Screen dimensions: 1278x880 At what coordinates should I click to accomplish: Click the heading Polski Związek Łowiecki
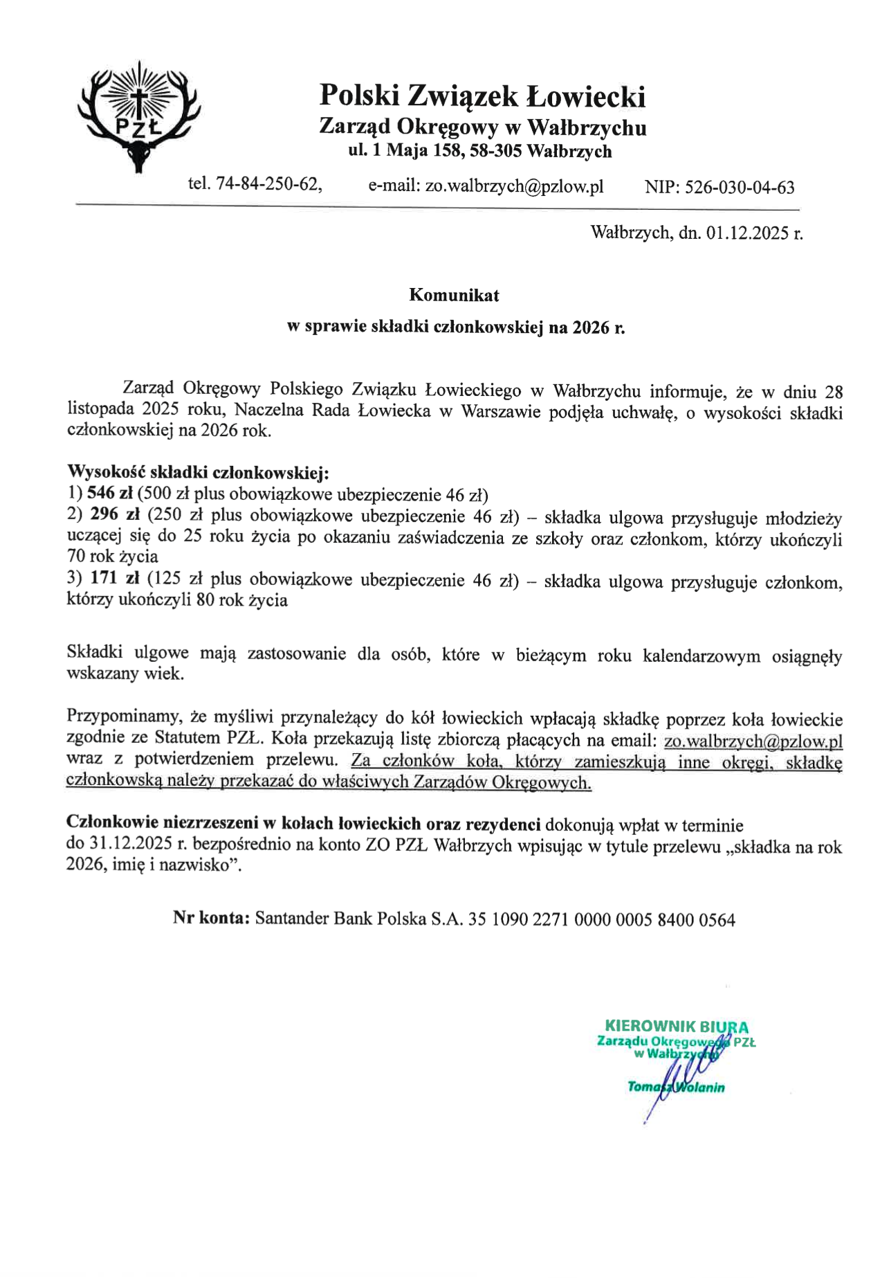tap(482, 96)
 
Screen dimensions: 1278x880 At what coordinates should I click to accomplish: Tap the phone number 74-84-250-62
tap(268, 184)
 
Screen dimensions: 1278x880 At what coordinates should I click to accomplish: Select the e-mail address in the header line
tap(514, 186)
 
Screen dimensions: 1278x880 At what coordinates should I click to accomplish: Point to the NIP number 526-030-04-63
tap(739, 187)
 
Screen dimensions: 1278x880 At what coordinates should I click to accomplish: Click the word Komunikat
tap(454, 295)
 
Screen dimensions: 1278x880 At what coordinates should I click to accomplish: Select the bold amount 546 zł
tap(110, 494)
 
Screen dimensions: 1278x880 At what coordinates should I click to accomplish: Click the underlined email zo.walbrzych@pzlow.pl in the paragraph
tap(753, 741)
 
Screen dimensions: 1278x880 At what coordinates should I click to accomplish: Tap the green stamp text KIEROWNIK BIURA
tap(676, 1027)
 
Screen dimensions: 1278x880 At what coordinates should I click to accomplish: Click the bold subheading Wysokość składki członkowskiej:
tap(198, 473)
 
